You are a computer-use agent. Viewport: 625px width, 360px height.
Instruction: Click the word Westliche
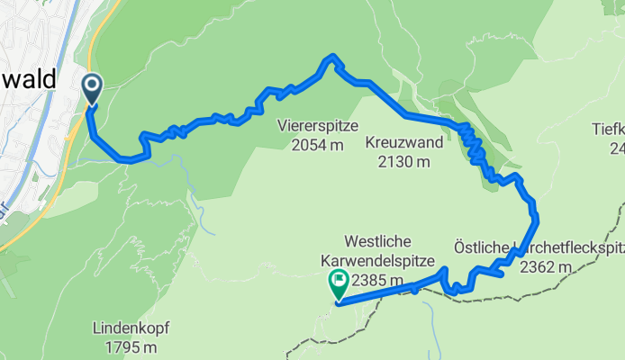click(x=377, y=241)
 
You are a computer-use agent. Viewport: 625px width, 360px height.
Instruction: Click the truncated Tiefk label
click(x=608, y=128)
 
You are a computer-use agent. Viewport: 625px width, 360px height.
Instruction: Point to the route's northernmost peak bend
click(x=332, y=58)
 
